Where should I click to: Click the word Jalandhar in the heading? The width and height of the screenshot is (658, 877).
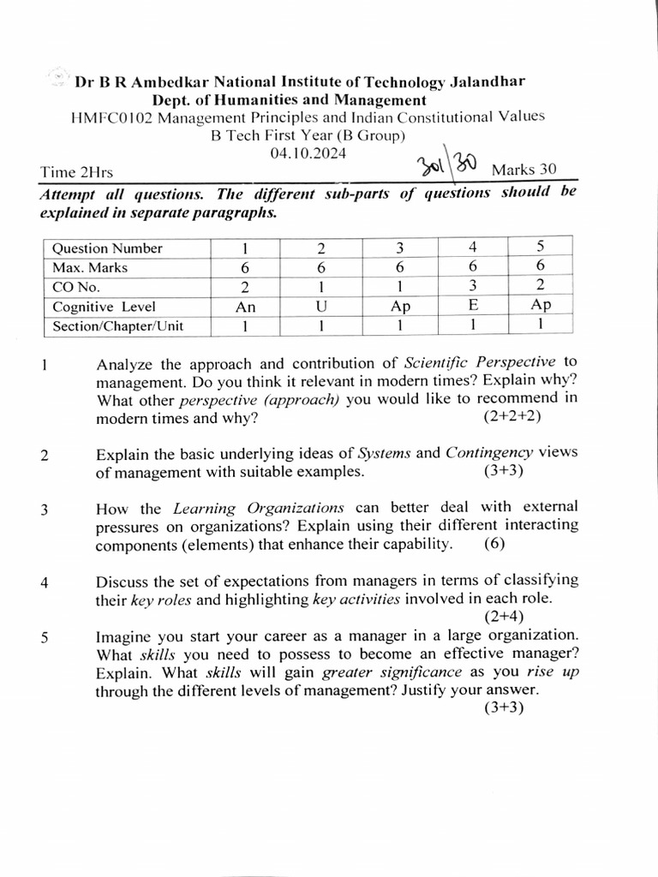click(485, 82)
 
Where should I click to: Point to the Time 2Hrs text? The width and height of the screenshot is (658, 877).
click(76, 172)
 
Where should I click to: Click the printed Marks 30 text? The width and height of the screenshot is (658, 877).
click(523, 170)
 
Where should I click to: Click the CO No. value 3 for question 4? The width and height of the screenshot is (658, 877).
click(473, 286)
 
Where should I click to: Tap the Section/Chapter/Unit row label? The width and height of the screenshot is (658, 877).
click(118, 325)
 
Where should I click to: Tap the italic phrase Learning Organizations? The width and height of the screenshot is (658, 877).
click(259, 507)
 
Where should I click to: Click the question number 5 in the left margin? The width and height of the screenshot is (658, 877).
click(44, 637)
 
